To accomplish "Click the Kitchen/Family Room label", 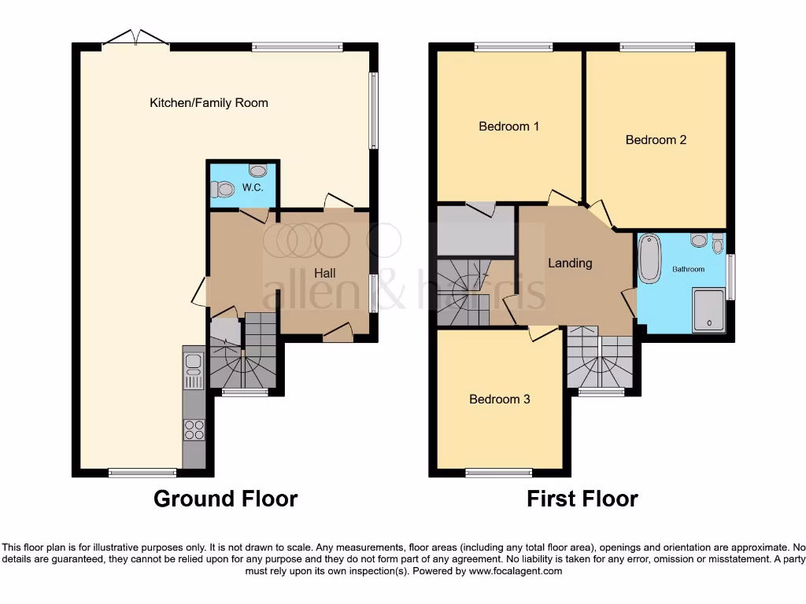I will [209, 103].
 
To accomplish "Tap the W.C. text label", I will [252, 188].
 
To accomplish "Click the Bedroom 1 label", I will [508, 126].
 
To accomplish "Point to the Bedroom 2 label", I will [656, 140].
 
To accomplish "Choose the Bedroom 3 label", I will [499, 400].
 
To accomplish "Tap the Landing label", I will [569, 263].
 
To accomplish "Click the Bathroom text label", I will [688, 269].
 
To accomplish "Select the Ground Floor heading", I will [225, 499].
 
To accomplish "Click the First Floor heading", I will [582, 499].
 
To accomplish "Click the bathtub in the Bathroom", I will [650, 258].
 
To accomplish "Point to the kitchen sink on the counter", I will [193, 370].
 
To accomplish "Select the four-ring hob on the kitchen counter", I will [194, 429].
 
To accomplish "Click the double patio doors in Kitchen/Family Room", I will [135, 40].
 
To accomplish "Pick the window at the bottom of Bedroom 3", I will [498, 473].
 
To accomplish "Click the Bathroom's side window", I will [730, 276].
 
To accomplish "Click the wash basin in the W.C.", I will [257, 170].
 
